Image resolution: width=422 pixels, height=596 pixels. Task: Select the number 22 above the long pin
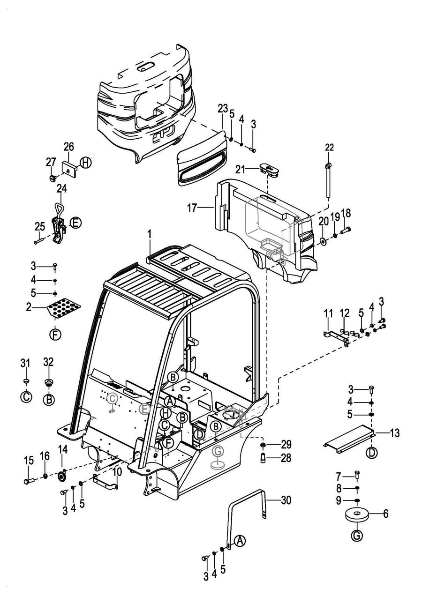pyautogui.click(x=329, y=147)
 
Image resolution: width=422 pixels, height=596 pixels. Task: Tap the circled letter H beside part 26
pyautogui.click(x=85, y=163)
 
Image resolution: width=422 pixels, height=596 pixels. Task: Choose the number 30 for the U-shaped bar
pyautogui.click(x=286, y=500)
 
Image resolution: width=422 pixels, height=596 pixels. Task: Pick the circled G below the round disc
pyautogui.click(x=357, y=535)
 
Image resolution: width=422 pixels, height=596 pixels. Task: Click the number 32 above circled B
pyautogui.click(x=48, y=362)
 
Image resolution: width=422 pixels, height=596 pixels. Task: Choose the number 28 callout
pyautogui.click(x=286, y=458)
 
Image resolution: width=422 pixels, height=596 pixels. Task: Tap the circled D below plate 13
pyautogui.click(x=371, y=453)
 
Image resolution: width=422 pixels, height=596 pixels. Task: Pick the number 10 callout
pyautogui.click(x=117, y=471)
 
